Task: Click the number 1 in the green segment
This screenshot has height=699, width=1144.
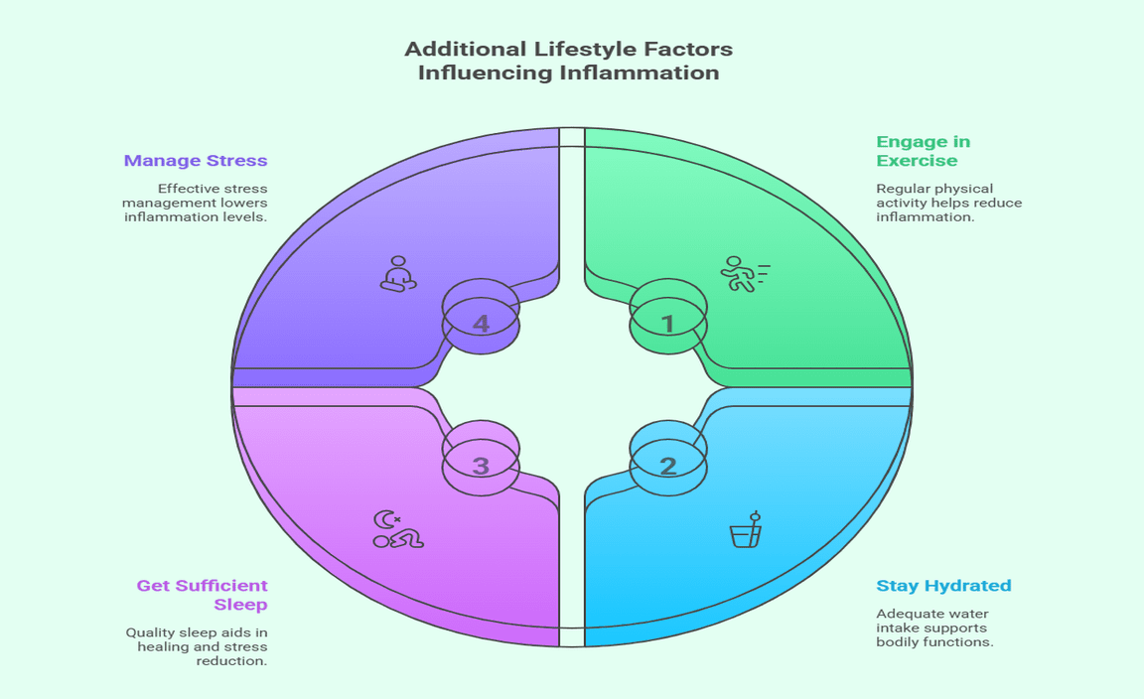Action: click(668, 324)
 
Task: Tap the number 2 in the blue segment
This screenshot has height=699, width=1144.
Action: click(668, 465)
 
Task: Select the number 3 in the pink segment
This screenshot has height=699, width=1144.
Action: click(481, 465)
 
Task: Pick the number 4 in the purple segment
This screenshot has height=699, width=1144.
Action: click(481, 324)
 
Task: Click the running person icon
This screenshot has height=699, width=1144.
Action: click(743, 273)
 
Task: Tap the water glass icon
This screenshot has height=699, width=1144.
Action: click(746, 531)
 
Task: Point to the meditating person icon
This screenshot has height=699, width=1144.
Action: click(397, 274)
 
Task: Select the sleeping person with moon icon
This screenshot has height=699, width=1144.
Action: click(397, 530)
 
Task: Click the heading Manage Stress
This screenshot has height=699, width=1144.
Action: click(196, 160)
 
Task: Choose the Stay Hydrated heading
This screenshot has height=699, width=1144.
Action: click(943, 586)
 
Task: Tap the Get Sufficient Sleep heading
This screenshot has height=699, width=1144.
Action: click(203, 595)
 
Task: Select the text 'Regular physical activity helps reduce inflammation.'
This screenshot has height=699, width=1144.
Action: click(948, 203)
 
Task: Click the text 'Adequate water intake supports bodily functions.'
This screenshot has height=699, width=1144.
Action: click(934, 628)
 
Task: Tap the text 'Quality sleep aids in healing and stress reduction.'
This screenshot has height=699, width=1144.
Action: click(197, 646)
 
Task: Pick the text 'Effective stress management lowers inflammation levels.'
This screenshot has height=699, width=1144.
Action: click(196, 203)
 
